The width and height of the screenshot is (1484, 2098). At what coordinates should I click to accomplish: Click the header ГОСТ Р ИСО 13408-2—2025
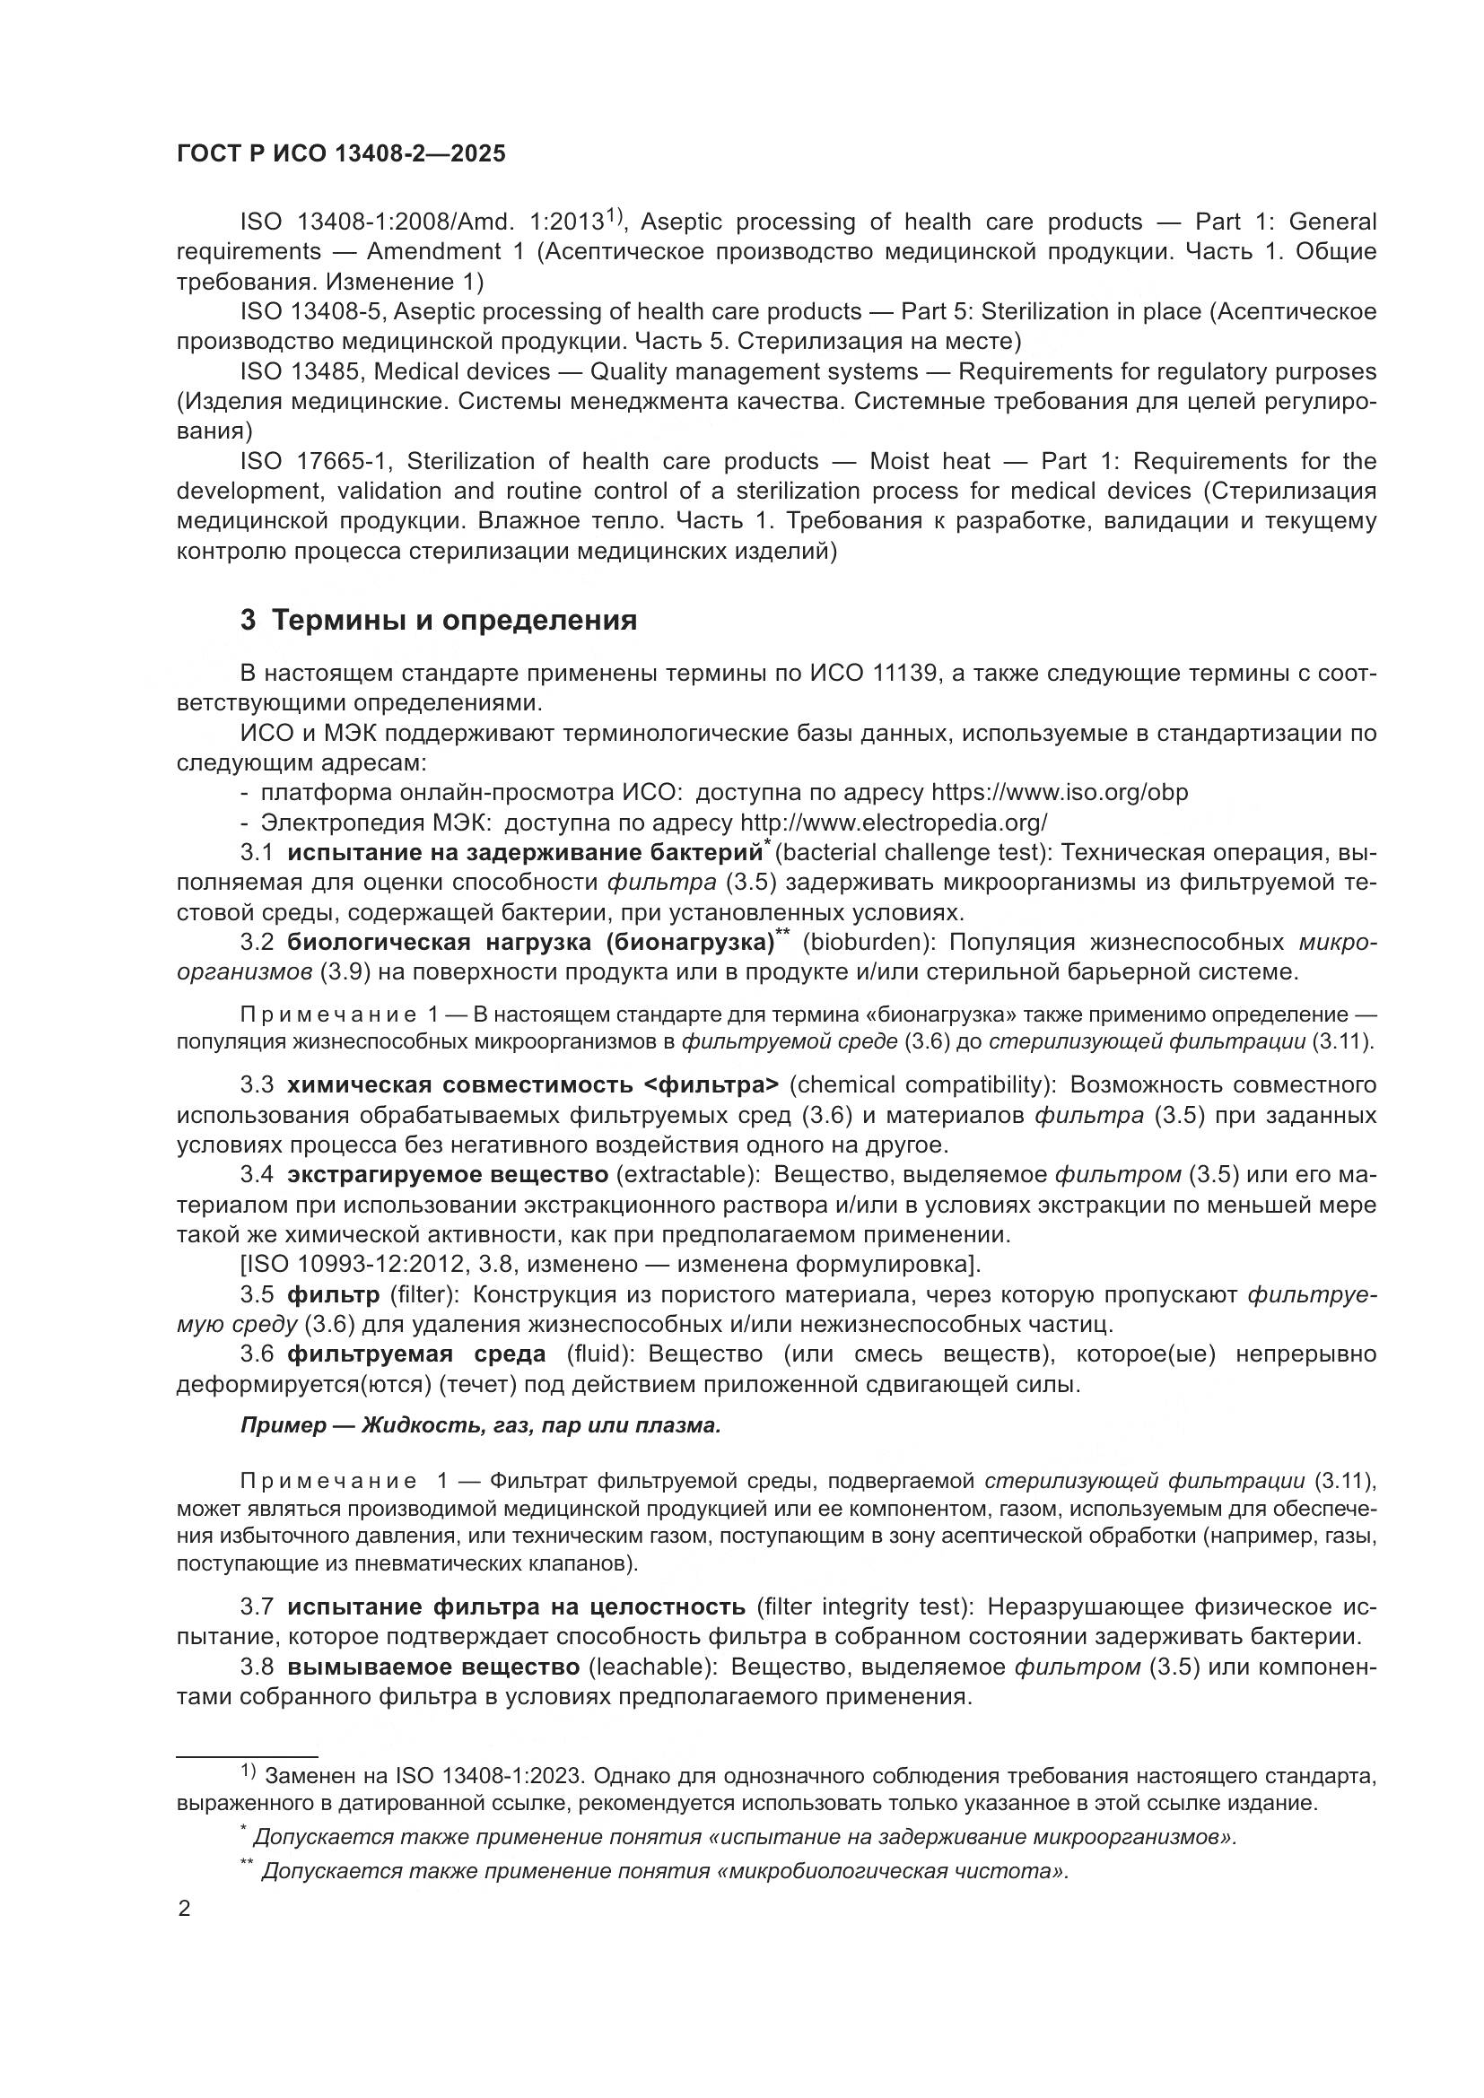[x=341, y=153]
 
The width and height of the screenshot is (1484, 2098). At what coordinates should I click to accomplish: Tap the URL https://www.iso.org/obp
[x=1059, y=792]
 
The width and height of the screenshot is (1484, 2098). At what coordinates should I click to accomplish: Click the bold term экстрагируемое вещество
[x=447, y=1174]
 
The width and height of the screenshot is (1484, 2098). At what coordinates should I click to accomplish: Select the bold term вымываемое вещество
[x=433, y=1667]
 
